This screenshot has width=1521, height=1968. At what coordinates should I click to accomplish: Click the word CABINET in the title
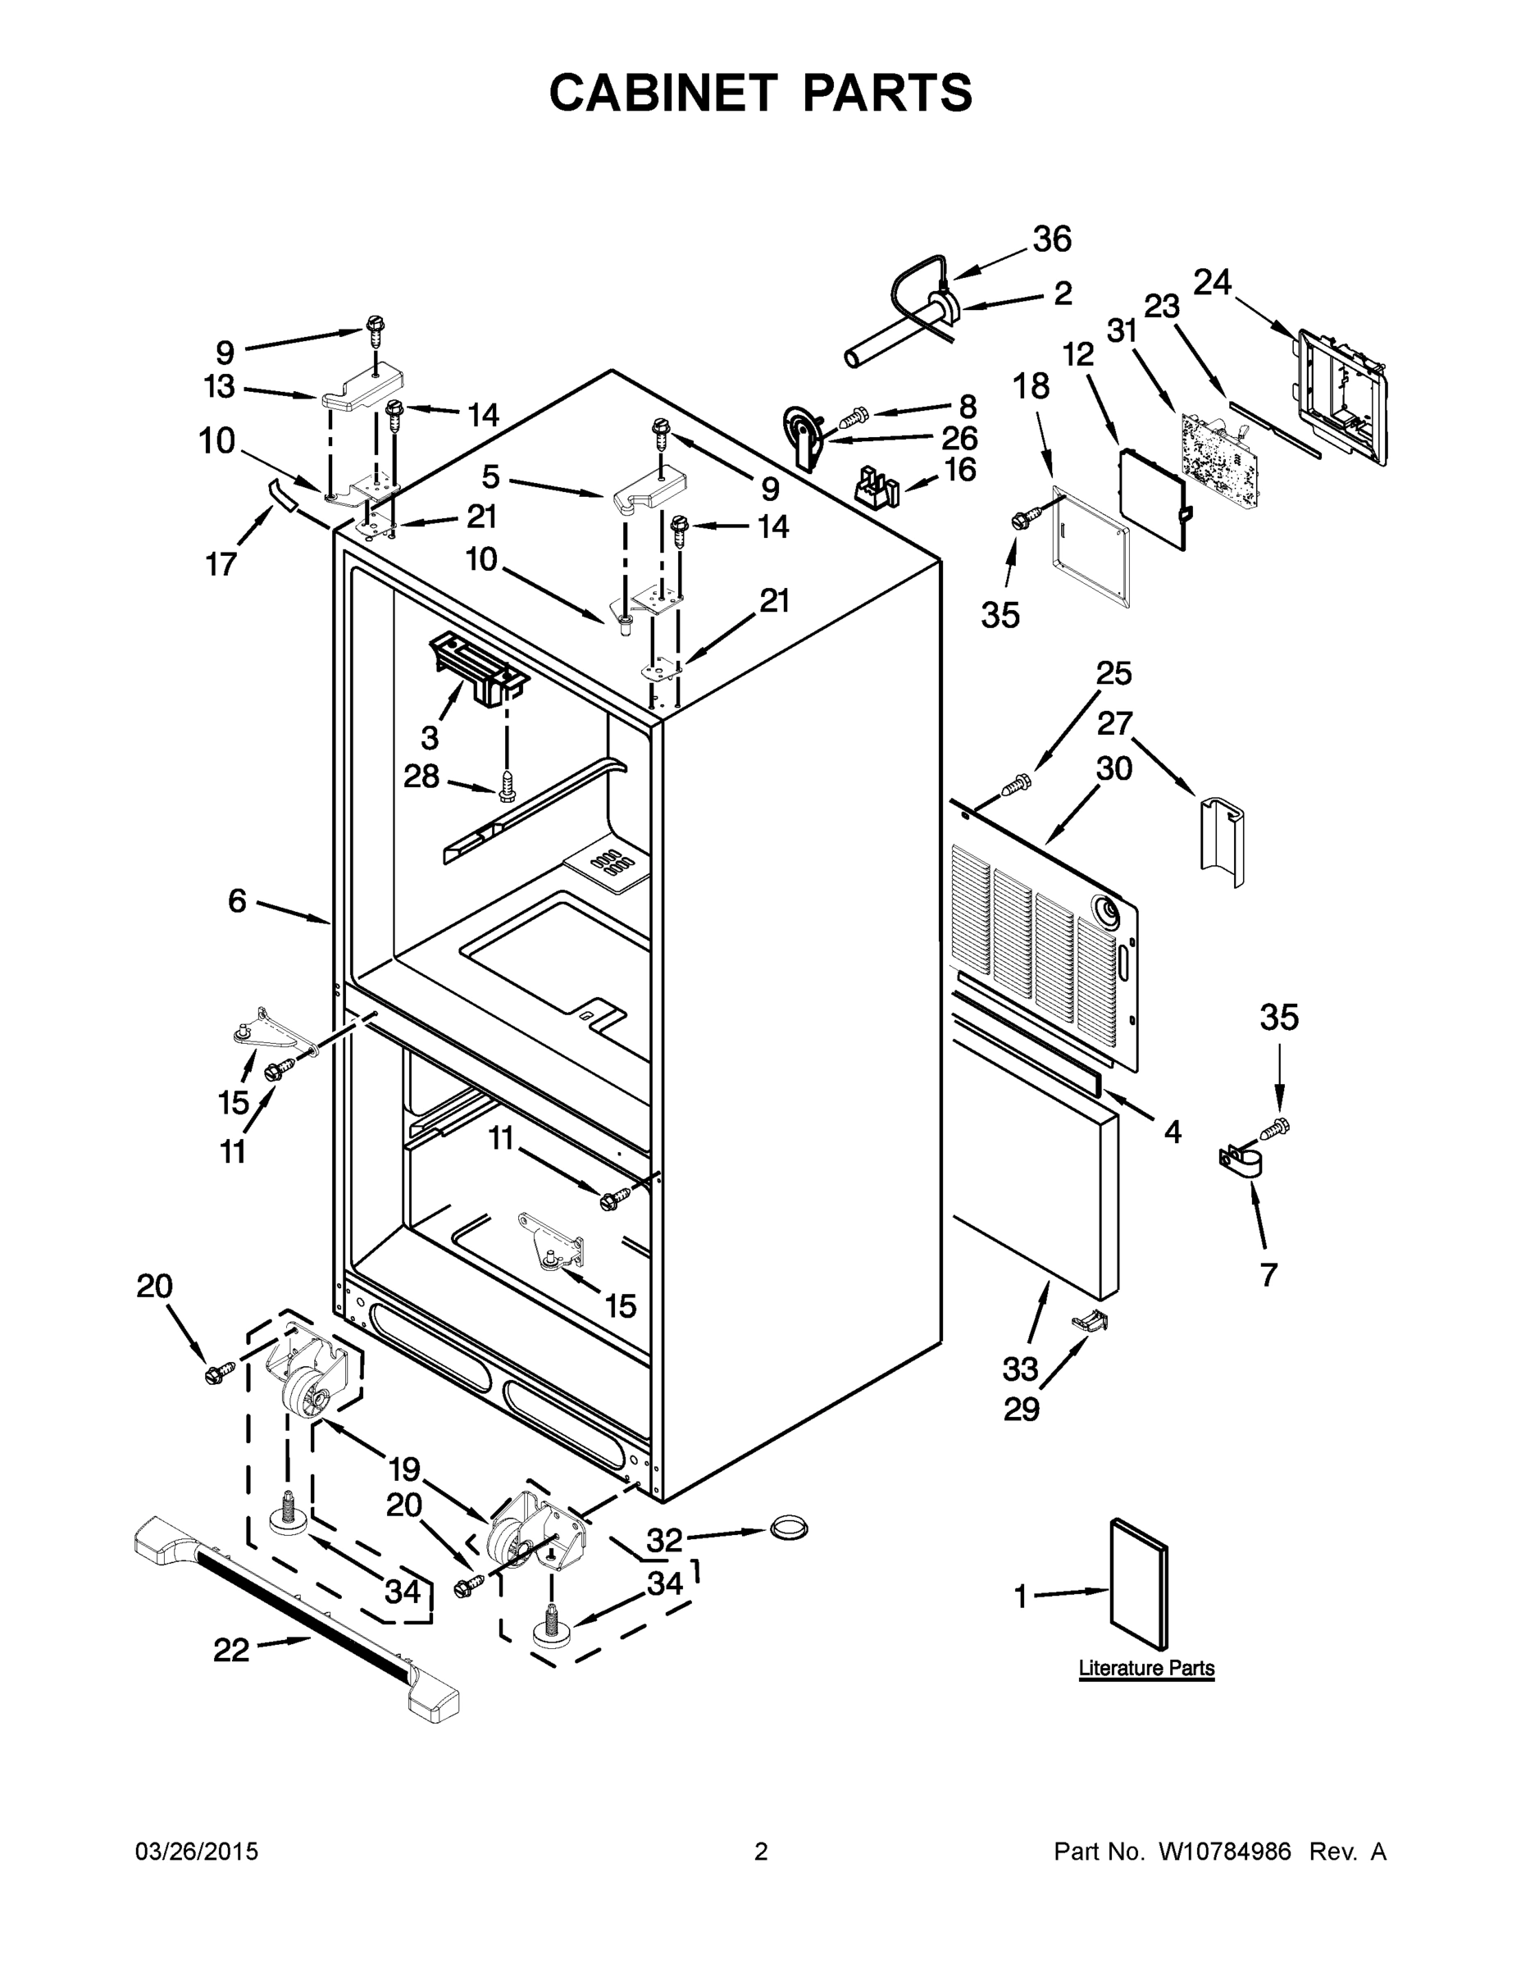point(663,93)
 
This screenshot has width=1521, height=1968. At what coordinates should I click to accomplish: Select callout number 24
point(1212,282)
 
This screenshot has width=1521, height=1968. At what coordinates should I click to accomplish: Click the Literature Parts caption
point(1146,1668)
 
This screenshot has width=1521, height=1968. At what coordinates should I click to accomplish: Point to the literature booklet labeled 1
point(1138,1586)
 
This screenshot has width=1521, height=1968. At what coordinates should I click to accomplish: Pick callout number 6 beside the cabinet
point(237,900)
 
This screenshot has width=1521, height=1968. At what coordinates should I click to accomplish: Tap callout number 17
point(221,565)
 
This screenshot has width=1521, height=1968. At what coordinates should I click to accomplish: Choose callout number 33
point(1020,1369)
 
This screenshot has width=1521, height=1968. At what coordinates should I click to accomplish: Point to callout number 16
point(959,470)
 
